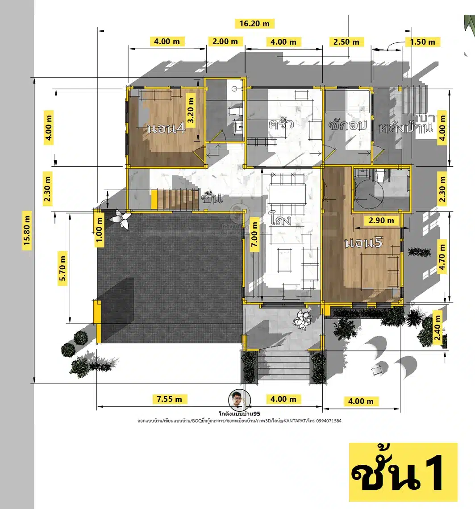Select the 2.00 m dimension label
pos(225,42)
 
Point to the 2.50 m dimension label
pos(346,42)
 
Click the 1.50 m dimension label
pos(422,42)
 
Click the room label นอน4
pos(166,129)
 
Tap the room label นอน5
pos(364,244)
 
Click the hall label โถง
pos(281,220)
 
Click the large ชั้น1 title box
pos(403,472)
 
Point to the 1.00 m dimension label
pos(100,229)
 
